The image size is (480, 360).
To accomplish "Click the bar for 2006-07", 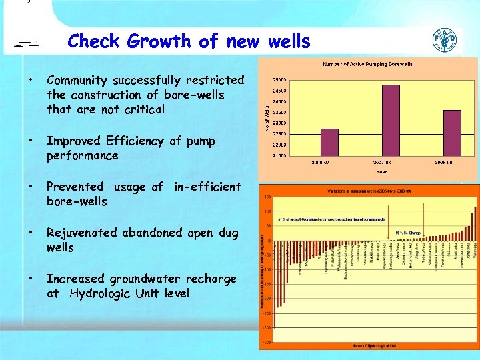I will coord(329,142).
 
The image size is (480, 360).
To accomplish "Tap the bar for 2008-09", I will coord(452,133).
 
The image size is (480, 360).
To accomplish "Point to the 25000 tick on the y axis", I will coord(279,80).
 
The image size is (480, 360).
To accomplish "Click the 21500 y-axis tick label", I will coord(279,155).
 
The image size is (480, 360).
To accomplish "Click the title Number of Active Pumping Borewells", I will coord(367,64).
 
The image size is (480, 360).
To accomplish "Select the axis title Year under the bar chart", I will coord(381,171).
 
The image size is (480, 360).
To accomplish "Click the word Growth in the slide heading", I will coord(158,41).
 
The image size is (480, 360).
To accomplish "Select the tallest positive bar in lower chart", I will coord(475,224).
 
